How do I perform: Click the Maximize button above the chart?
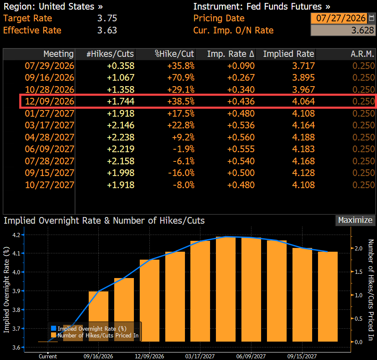coord(355,220)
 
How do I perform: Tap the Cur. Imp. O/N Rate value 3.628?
coord(362,30)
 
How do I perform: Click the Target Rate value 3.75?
coord(107,18)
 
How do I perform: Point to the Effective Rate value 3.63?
coord(107,30)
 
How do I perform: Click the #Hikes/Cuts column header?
coord(110,54)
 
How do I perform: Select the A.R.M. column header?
coord(362,54)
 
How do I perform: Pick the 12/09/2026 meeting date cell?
coord(49,101)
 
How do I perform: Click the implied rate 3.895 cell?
coord(303,77)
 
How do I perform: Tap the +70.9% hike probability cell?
coord(181,77)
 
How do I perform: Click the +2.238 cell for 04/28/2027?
coord(121,137)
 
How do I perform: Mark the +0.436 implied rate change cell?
coord(241,101)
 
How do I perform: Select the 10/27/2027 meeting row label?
coord(49,185)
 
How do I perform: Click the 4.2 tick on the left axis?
coord(16,235)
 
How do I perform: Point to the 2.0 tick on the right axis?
coord(359,248)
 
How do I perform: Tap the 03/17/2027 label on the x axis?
coord(200,356)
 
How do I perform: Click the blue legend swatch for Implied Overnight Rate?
coord(54,328)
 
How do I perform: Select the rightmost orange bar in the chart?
coord(328,296)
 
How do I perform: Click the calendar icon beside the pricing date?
coord(372,18)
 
